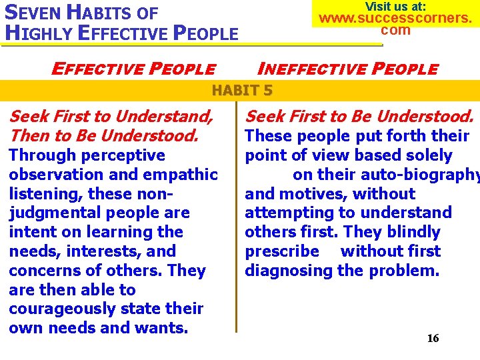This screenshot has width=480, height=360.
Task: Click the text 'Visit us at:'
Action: click(x=395, y=6)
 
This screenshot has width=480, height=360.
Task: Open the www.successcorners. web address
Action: click(x=395, y=18)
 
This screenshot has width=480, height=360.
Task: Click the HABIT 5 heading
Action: click(x=242, y=90)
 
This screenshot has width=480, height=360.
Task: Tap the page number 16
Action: click(x=433, y=338)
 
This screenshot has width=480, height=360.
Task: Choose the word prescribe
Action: click(x=282, y=251)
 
